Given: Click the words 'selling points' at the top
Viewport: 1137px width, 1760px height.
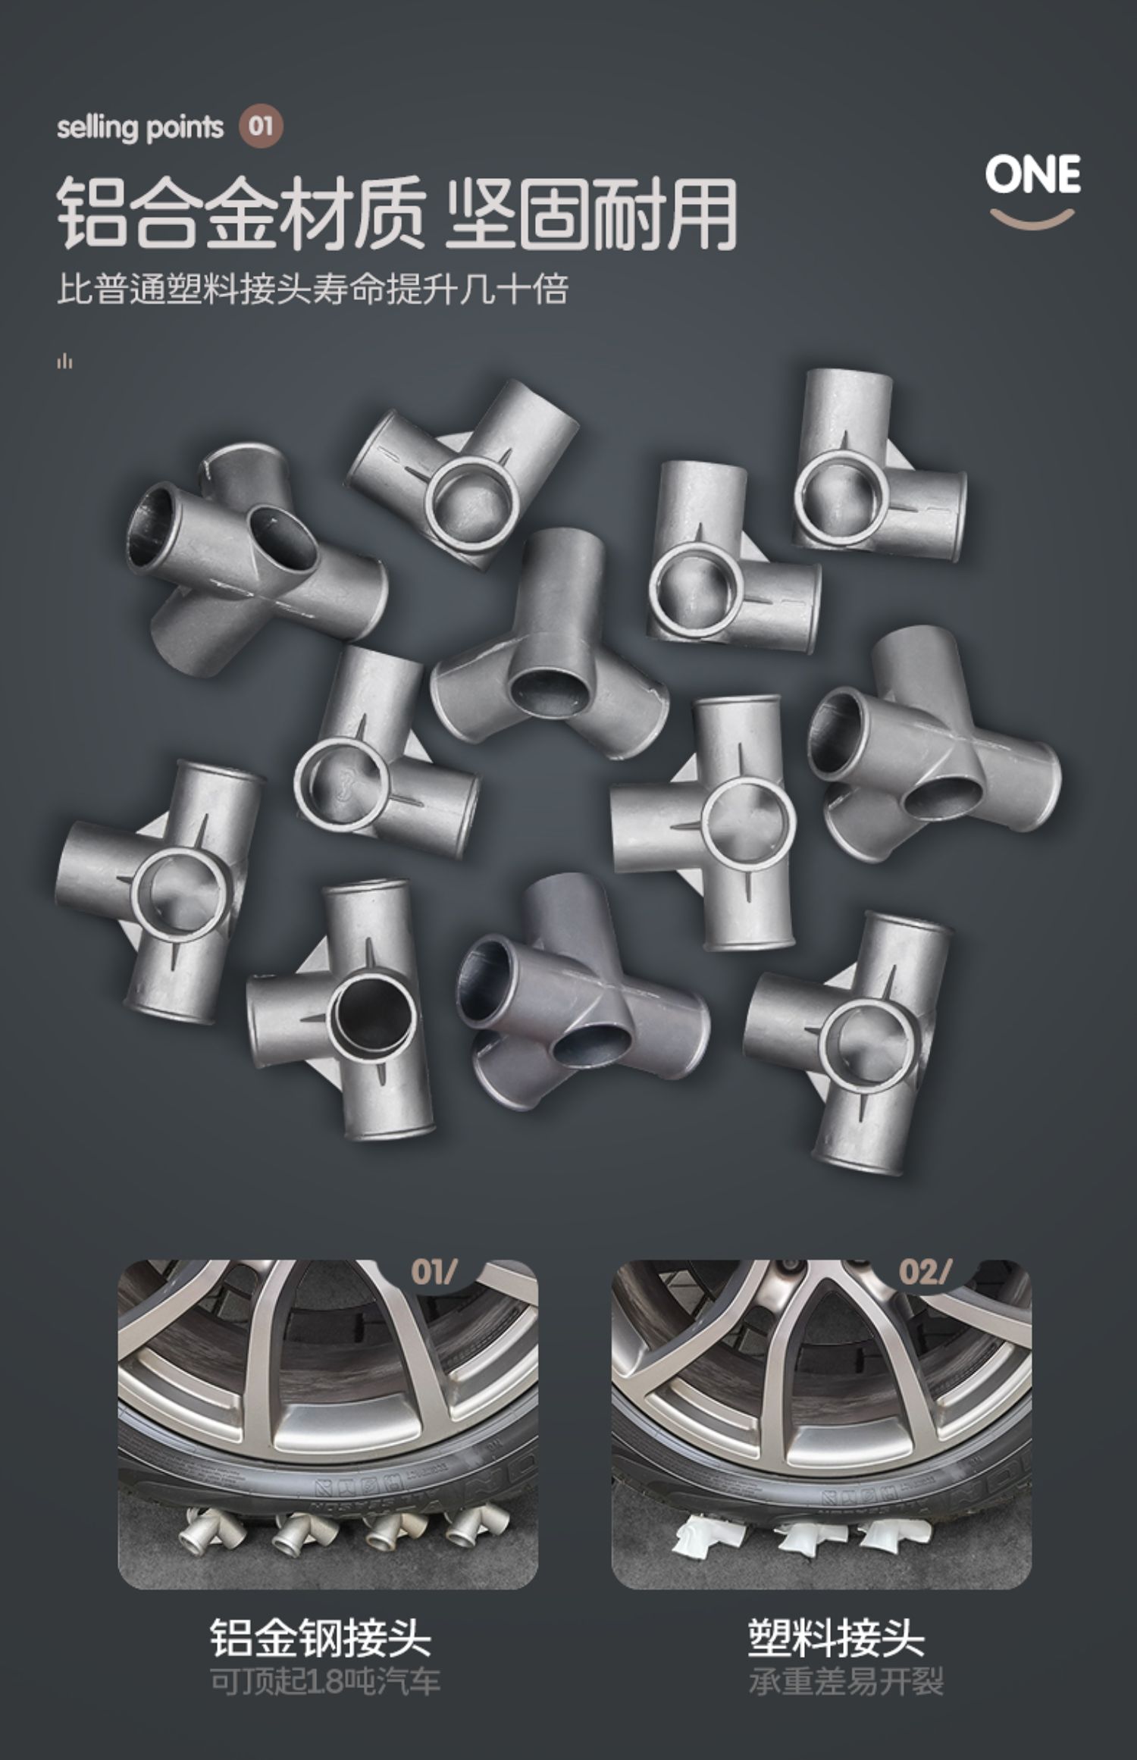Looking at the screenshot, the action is tap(140, 127).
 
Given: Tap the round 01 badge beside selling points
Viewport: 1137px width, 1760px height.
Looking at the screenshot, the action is tap(261, 126).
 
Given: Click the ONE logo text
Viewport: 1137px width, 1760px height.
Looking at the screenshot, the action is tap(1032, 174).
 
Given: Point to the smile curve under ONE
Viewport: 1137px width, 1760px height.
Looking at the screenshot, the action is tap(1032, 218).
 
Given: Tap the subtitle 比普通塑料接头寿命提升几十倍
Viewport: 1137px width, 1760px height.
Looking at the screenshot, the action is tap(312, 290).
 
